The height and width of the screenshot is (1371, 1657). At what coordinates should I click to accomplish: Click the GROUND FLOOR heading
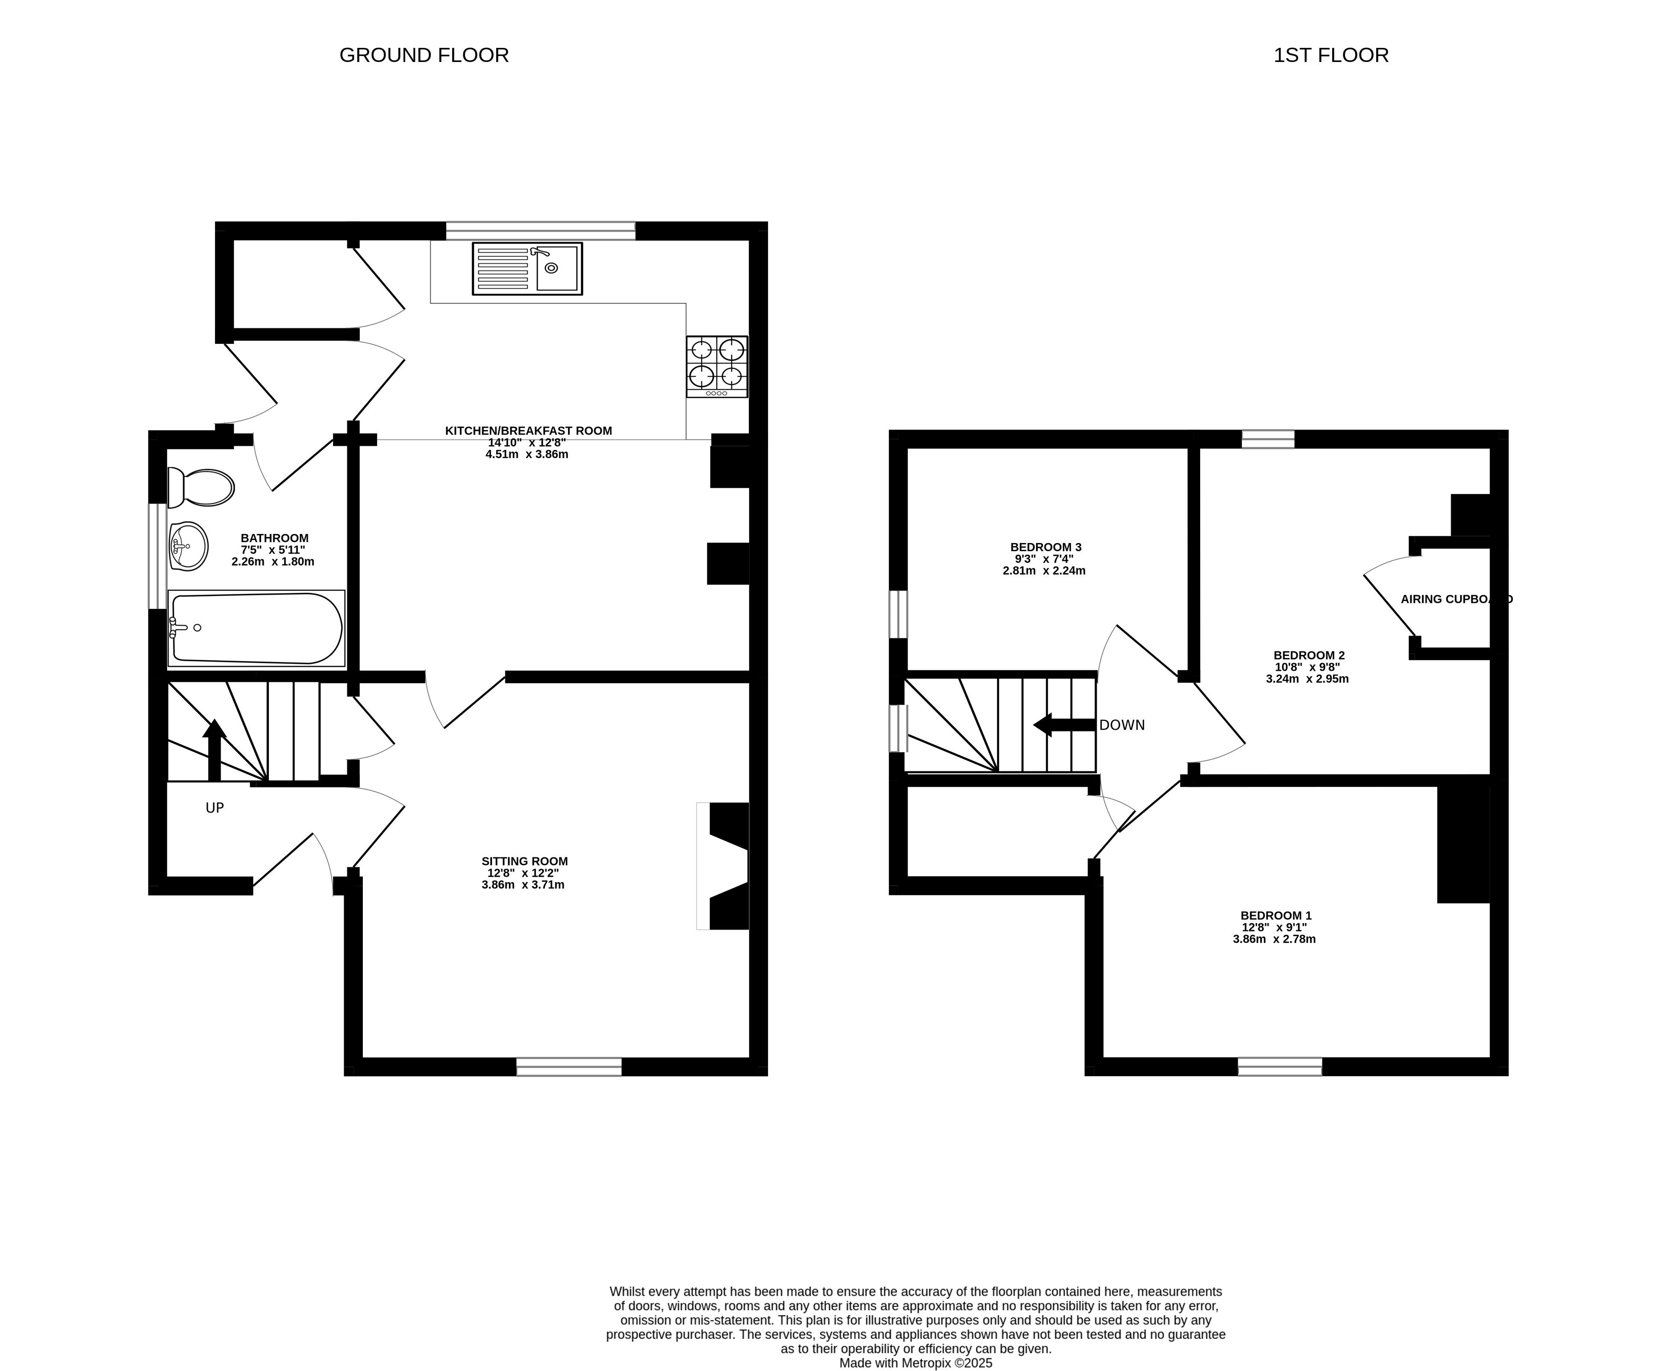pyautogui.click(x=424, y=55)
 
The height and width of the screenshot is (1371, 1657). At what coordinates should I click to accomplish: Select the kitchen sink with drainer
pyautogui.click(x=527, y=269)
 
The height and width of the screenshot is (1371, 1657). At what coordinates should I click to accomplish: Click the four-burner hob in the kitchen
pyautogui.click(x=716, y=367)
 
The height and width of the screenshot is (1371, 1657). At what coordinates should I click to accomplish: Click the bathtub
pyautogui.click(x=256, y=628)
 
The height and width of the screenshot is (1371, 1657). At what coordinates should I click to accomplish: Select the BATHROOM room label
pyautogui.click(x=274, y=538)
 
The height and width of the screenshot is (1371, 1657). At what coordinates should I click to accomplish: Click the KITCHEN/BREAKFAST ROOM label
pyautogui.click(x=528, y=431)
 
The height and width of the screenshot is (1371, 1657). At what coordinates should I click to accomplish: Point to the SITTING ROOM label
pyautogui.click(x=524, y=861)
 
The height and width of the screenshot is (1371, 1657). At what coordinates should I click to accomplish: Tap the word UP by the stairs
pyautogui.click(x=215, y=808)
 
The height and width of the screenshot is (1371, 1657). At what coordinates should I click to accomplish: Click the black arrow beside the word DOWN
pyautogui.click(x=1065, y=725)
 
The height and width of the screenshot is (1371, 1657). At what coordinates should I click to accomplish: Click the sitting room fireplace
pyautogui.click(x=723, y=866)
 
